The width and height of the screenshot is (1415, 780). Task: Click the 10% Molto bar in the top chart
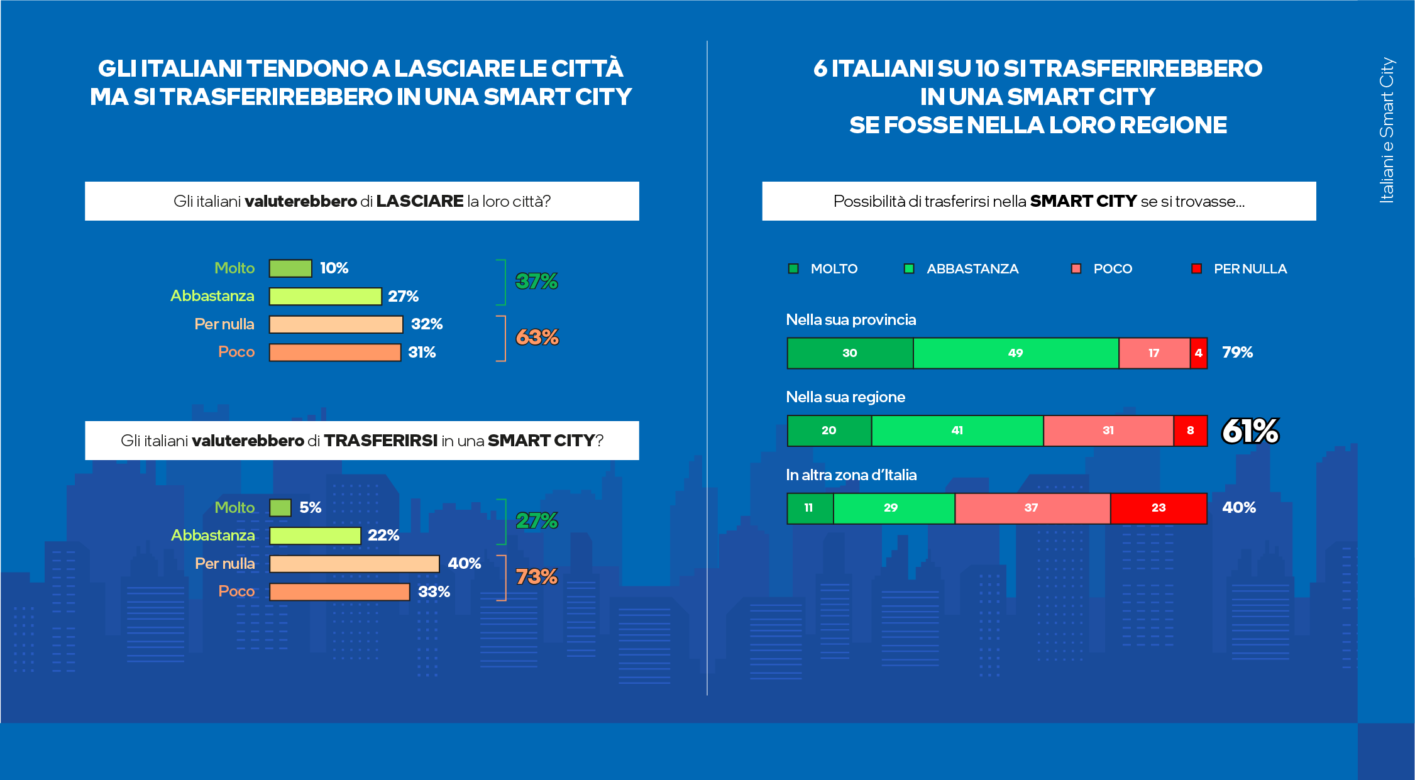click(x=290, y=268)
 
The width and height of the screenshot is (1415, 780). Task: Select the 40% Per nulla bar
click(x=354, y=564)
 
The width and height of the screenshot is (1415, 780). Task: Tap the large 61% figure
click(x=1250, y=431)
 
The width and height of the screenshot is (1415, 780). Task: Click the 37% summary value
click(x=536, y=281)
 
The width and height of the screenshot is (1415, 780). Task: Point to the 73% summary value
click(x=536, y=576)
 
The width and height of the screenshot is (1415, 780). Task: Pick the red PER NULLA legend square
click(x=1196, y=269)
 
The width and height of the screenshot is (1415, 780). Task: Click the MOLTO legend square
click(x=793, y=269)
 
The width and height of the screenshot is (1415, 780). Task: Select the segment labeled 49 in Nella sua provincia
click(x=1015, y=353)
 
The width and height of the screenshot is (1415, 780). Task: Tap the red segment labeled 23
click(x=1158, y=508)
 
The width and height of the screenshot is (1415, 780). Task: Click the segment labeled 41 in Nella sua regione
click(x=957, y=431)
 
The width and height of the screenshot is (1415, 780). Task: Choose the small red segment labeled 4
click(x=1198, y=353)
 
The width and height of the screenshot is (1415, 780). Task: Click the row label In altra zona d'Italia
click(x=851, y=475)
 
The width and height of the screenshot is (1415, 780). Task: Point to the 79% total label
click(x=1237, y=352)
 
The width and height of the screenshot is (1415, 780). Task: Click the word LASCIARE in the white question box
click(x=419, y=201)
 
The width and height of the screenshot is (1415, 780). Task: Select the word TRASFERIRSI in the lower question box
click(x=380, y=441)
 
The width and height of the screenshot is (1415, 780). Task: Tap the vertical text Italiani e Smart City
click(x=1386, y=130)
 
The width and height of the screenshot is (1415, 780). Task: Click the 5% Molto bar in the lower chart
click(x=280, y=508)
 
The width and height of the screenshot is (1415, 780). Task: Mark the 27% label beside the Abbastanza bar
click(x=403, y=296)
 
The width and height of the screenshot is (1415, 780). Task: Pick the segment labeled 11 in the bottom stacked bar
click(x=809, y=508)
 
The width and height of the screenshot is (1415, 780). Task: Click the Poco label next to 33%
click(x=236, y=591)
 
